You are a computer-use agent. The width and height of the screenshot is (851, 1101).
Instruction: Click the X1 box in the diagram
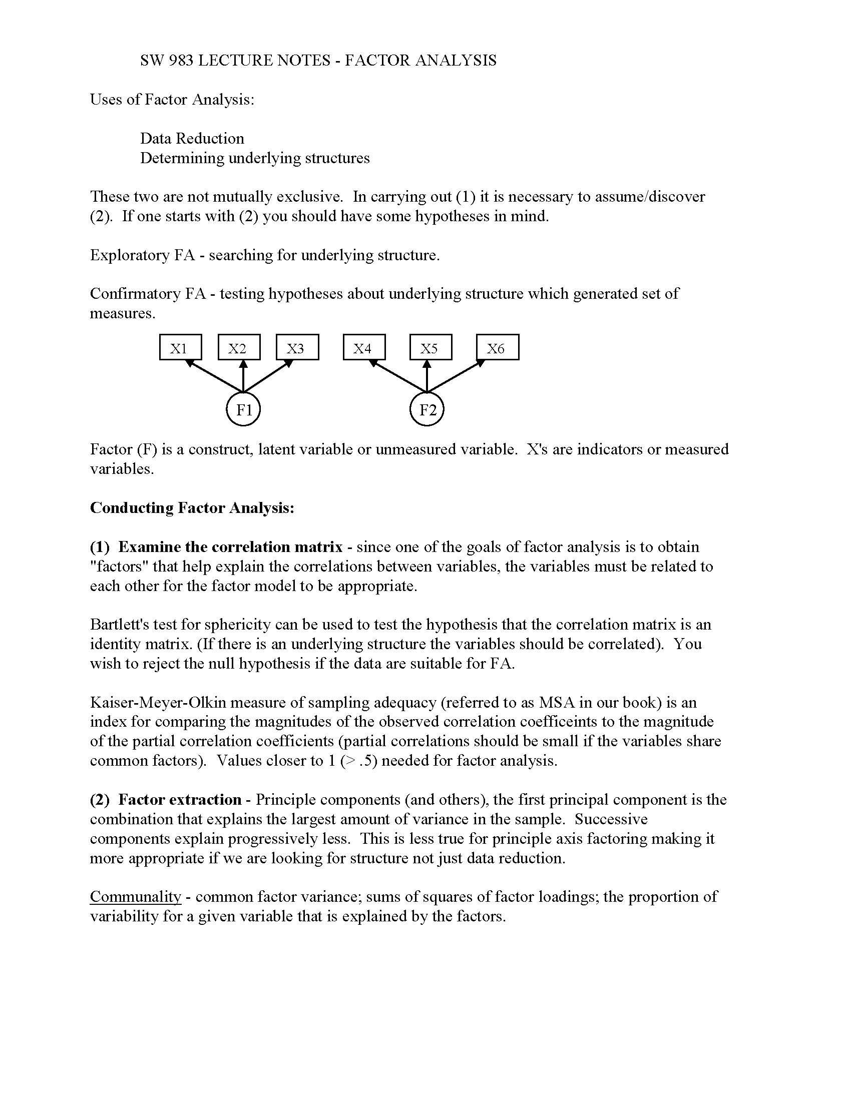[181, 347]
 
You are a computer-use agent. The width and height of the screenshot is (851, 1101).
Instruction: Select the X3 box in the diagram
[297, 347]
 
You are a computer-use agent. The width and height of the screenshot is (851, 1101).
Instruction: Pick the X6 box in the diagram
[497, 347]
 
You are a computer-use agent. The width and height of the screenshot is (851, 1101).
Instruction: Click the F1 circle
[243, 409]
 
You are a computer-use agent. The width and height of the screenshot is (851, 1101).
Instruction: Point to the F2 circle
[427, 409]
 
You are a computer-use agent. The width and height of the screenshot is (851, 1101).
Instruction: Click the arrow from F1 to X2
[243, 376]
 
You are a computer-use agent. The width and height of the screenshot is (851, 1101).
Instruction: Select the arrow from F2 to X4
[398, 375]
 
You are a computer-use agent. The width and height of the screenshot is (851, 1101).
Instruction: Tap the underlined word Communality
[135, 896]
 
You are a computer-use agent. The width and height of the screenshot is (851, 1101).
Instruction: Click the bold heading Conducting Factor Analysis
[192, 507]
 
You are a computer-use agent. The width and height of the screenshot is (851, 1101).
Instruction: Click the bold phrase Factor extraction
[180, 800]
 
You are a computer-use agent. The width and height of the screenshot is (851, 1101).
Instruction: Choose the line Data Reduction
[192, 138]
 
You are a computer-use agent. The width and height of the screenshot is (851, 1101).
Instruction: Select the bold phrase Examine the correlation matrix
[230, 546]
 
